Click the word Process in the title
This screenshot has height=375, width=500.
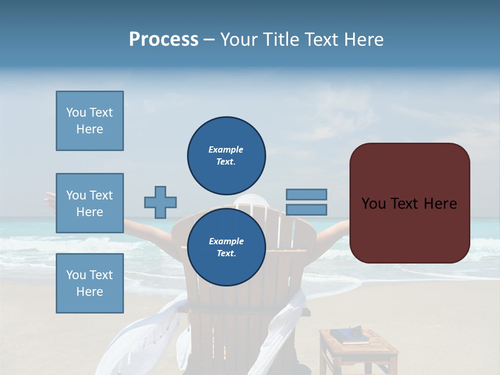[x=164, y=40]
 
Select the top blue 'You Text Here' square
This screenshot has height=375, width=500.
[x=90, y=121]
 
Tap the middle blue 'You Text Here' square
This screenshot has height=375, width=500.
[x=90, y=203]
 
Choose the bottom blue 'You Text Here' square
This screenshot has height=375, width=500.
[x=90, y=283]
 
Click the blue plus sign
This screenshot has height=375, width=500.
[x=160, y=202]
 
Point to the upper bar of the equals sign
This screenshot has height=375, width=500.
[x=306, y=194]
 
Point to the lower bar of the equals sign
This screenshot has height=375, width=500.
[x=306, y=209]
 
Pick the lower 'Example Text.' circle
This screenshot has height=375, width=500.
[x=226, y=247]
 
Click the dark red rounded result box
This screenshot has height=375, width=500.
[x=409, y=203]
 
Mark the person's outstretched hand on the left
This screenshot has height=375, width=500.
[x=50, y=198]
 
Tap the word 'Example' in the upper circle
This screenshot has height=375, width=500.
[x=226, y=149]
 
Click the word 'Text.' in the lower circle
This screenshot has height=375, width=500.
[x=226, y=253]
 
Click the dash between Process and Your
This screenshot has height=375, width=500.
[x=209, y=40]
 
